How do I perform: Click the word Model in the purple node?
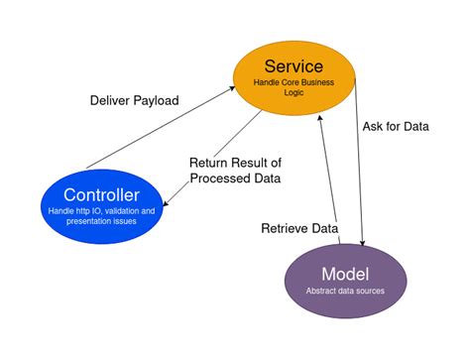pos(345,273)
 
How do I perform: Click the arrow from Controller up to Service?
pos(159,130)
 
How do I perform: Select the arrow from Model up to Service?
pos(329,179)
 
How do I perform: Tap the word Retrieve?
pos(283,227)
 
